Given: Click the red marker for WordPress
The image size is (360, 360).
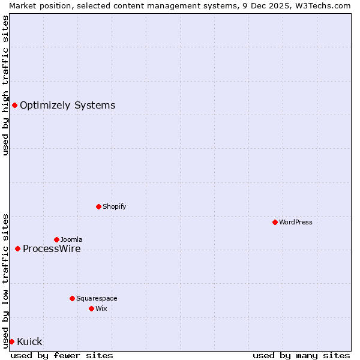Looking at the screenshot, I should click(275, 222).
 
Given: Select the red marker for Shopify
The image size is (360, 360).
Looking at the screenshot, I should click(98, 206).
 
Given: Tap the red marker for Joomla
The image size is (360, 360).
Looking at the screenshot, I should click(56, 239).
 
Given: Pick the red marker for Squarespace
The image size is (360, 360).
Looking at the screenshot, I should click(72, 298).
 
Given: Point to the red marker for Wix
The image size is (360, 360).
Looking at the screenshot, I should click(91, 308).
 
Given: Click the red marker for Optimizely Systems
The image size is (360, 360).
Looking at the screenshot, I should click(14, 106).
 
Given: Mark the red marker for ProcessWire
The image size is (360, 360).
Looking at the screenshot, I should click(17, 248).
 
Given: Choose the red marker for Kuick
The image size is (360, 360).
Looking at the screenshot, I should click(11, 341).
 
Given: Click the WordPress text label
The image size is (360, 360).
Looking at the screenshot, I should click(296, 222).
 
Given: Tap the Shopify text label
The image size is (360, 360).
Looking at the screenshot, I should click(114, 206).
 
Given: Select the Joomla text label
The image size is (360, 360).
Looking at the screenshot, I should click(71, 239).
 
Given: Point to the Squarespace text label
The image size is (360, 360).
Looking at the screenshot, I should click(97, 298).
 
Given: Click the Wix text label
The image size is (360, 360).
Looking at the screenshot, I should click(101, 308).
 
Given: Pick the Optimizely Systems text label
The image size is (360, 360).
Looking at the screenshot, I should click(67, 106).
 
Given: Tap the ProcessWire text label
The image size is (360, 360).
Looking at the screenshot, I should click(52, 249).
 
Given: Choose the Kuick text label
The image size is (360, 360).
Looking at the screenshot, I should click(29, 342).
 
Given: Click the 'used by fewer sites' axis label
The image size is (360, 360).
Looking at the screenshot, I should click(62, 355).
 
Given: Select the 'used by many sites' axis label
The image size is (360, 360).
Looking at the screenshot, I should click(301, 355).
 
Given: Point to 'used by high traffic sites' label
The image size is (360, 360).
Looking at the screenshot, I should click(5, 85).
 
